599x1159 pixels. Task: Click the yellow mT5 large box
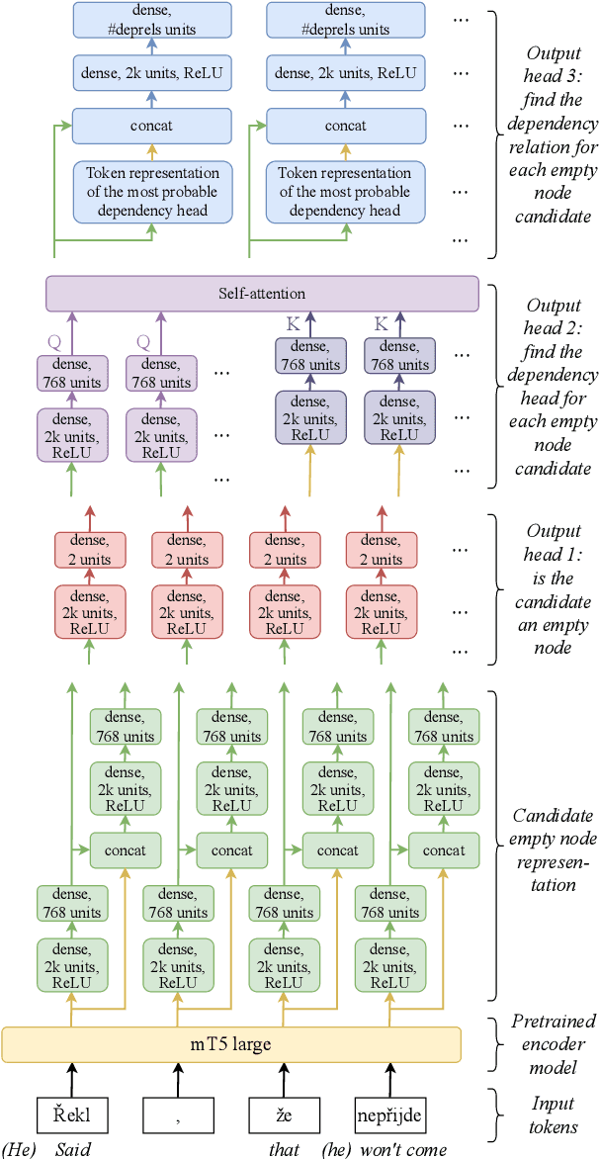231,1044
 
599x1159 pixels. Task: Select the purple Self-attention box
262,294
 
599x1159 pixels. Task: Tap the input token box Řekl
71,1115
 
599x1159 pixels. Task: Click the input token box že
285,1115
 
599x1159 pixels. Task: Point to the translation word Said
72,1149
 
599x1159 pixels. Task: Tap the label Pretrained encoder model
545,1043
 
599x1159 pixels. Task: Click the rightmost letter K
381,325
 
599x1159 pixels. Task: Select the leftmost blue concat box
151,126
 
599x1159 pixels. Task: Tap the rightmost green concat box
444,850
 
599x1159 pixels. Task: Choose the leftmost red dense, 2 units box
90,550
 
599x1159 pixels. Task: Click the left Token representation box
151,191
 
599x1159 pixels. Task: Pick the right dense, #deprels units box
344,20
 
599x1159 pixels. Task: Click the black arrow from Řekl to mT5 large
71,1078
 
